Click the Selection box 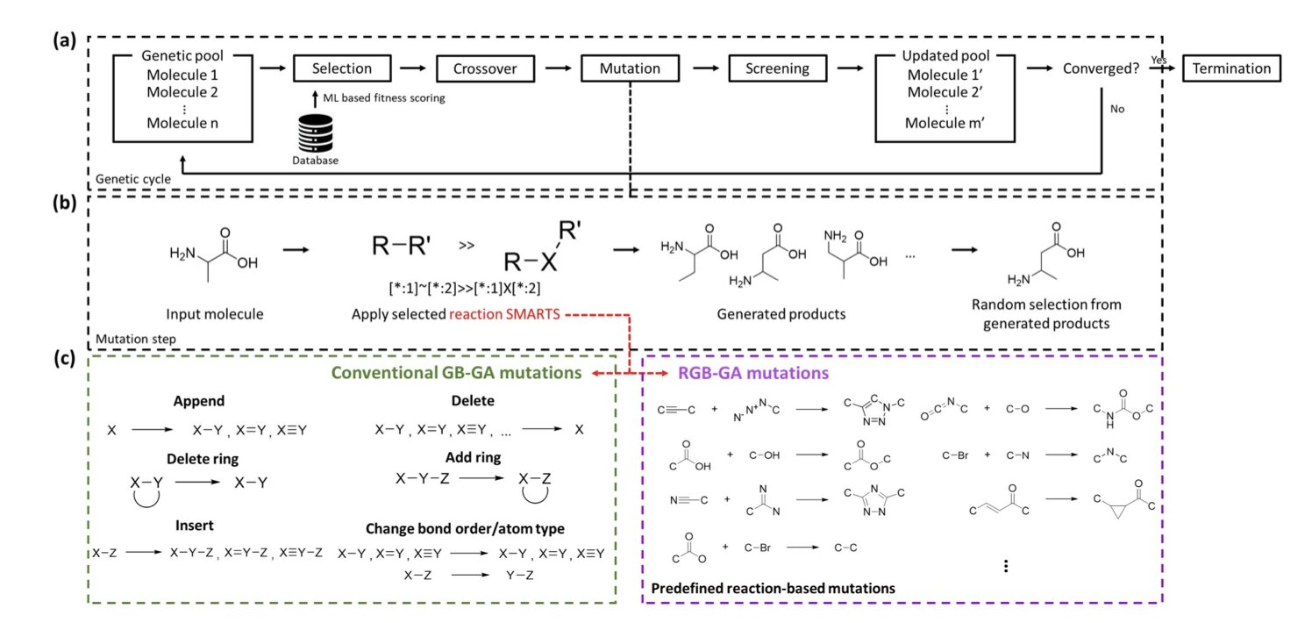[332, 68]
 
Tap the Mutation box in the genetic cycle [630, 68]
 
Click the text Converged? [1100, 68]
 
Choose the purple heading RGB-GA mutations [753, 372]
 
